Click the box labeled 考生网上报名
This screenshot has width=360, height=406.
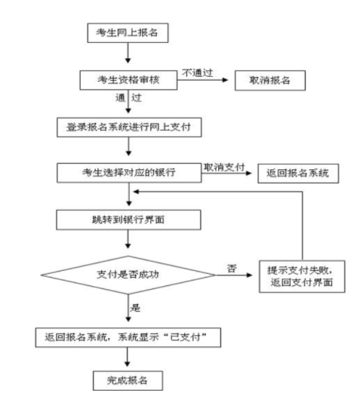[128, 33]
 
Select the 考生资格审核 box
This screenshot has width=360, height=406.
[128, 80]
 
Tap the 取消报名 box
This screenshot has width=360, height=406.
[270, 80]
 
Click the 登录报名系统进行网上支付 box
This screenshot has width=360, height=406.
[129, 127]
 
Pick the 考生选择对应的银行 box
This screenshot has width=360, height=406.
[129, 173]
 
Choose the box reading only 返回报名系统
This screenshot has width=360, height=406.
[298, 174]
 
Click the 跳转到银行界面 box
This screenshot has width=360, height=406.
[128, 220]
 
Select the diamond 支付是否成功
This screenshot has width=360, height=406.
[128, 275]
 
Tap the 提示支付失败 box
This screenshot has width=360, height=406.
[302, 276]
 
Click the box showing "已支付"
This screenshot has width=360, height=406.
[128, 337]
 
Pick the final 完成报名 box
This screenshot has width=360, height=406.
[128, 380]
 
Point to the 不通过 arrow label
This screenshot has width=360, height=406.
[197, 73]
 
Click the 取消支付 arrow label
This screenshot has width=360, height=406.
[224, 168]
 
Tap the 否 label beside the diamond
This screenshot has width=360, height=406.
[232, 268]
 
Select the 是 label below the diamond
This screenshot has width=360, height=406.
[135, 308]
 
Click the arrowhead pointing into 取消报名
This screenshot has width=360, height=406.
[225, 80]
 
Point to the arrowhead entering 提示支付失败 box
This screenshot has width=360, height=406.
[249, 275]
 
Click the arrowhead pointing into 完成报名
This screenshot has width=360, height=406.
[127, 364]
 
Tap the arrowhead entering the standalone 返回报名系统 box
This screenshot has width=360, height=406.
[248, 173]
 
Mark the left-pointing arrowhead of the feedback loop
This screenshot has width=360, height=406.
[137, 192]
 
